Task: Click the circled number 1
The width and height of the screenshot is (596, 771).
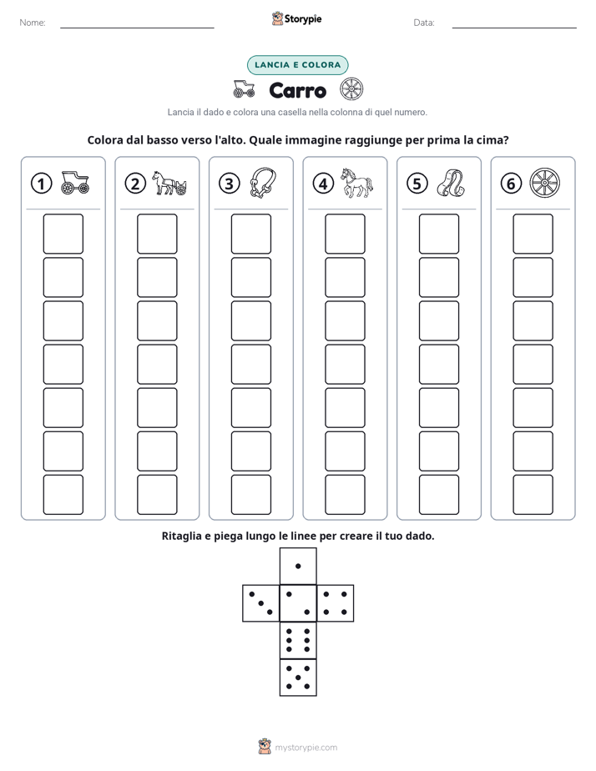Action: pyautogui.click(x=41, y=184)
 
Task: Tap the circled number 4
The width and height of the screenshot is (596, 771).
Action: pyautogui.click(x=323, y=184)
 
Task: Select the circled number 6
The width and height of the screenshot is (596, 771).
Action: pyautogui.click(x=511, y=184)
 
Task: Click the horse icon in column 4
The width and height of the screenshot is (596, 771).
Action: pyautogui.click(x=357, y=183)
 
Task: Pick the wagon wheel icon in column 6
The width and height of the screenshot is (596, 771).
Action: pyautogui.click(x=545, y=183)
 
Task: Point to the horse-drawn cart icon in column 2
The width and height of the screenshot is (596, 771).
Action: pyautogui.click(x=169, y=184)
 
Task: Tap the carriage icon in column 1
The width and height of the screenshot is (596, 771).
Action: pyautogui.click(x=75, y=183)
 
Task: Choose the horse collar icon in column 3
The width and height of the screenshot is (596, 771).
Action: pyautogui.click(x=263, y=183)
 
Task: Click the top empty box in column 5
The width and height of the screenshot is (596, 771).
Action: pyautogui.click(x=439, y=234)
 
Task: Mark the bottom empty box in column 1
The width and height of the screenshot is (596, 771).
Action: pyautogui.click(x=63, y=495)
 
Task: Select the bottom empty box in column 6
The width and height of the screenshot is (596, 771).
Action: pyautogui.click(x=533, y=495)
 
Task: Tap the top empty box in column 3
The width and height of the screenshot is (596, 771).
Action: pyautogui.click(x=251, y=234)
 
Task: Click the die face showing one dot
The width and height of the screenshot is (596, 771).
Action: pyautogui.click(x=298, y=566)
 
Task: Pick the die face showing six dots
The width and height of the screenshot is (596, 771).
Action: pyautogui.click(x=298, y=640)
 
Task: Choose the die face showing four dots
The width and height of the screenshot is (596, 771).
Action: pyautogui.click(x=336, y=603)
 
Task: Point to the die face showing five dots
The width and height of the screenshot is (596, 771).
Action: pyautogui.click(x=298, y=678)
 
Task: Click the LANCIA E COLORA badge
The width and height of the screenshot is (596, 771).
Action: pyautogui.click(x=297, y=65)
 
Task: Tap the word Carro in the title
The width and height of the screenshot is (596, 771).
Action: pyautogui.click(x=298, y=90)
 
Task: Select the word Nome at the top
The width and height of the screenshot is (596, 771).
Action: pyautogui.click(x=33, y=23)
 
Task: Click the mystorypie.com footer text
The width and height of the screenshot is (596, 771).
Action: pyautogui.click(x=306, y=748)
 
